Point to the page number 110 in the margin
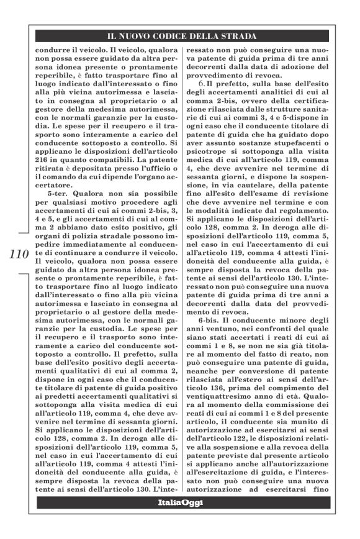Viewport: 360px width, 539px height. pos(19,254)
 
